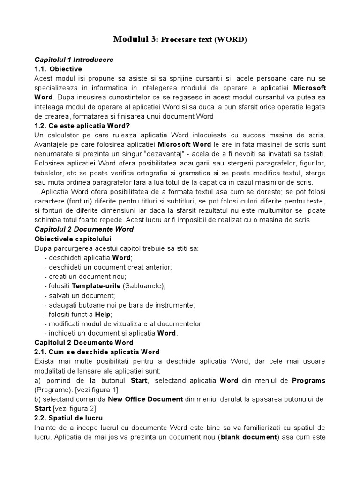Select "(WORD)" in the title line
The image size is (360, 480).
[230, 40]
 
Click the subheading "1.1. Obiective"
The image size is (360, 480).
[59, 69]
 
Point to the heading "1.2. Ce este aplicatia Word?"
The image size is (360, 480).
[82, 126]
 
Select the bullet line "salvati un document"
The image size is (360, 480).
[79, 295]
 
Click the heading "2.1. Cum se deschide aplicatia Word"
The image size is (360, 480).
[97, 352]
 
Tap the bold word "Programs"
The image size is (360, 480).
[308, 380]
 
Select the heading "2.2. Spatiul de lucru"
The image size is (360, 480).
[68, 418]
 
